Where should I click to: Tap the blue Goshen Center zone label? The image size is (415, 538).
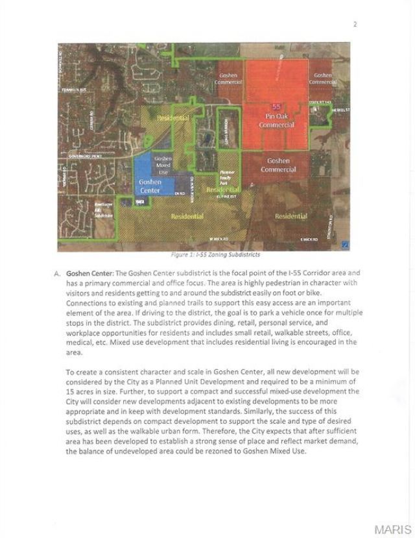[x=150, y=186]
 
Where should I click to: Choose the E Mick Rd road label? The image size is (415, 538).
[x=308, y=239]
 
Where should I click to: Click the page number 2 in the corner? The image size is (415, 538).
[x=355, y=25]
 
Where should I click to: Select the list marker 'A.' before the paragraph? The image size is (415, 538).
[x=58, y=273]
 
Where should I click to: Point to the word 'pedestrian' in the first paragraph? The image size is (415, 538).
[x=258, y=282]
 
